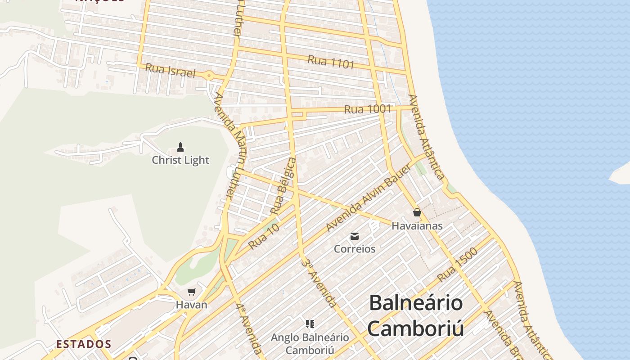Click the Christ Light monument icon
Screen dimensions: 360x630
pos(180,147)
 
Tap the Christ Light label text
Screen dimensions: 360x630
pos(180,160)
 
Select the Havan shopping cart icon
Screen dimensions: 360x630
pos(192,292)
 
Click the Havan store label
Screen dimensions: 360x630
pos(192,305)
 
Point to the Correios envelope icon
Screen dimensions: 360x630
pos(355,236)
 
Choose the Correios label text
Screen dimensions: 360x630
pos(355,249)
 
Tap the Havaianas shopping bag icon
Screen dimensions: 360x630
pos(417,212)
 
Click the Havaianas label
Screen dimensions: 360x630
pos(417,226)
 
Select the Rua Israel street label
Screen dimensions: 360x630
pos(170,71)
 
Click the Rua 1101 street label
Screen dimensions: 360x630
pos(331,62)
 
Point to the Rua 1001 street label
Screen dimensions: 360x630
pos(368,109)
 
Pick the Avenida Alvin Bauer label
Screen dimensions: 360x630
pos(369,198)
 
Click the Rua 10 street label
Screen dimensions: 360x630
pos(264,237)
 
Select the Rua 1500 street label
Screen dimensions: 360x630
pos(457,265)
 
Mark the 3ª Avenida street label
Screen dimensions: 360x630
pos(319,283)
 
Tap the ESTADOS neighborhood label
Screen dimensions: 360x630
pos(84,345)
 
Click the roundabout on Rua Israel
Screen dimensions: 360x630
pos(209,76)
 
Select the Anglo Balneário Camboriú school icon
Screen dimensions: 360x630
pos(310,324)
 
